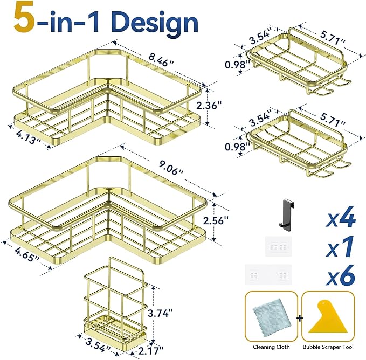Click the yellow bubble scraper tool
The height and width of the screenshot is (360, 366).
click(x=328, y=316)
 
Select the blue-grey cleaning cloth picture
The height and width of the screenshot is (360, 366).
click(x=272, y=316)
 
